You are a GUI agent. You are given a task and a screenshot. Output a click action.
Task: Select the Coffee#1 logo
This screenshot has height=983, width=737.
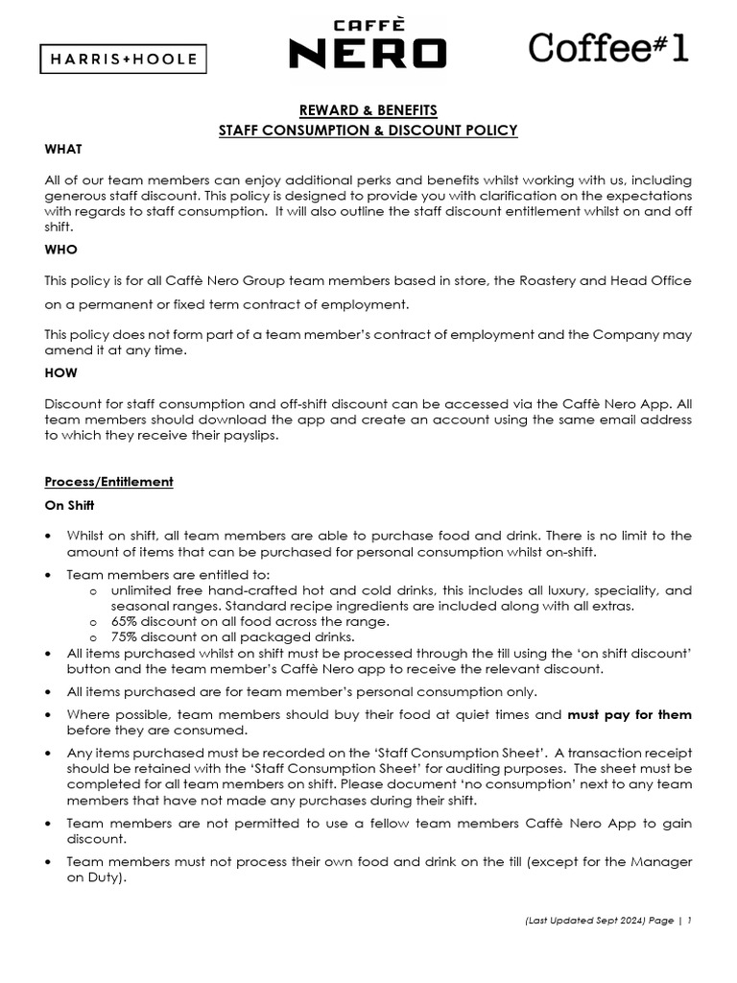609,47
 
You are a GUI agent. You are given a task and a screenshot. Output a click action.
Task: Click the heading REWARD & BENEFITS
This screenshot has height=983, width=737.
368,111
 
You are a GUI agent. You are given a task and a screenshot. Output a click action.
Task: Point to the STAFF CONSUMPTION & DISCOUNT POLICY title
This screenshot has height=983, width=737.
368,131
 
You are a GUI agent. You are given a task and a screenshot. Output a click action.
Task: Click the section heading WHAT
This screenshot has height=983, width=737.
63,149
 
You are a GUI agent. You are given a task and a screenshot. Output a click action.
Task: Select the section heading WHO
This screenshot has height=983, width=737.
61,249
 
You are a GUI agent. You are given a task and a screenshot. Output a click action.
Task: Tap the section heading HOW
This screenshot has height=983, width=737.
61,372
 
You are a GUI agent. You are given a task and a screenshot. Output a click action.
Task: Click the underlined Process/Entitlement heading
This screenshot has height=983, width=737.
108,481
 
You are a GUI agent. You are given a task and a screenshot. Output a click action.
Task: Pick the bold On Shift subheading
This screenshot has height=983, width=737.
69,505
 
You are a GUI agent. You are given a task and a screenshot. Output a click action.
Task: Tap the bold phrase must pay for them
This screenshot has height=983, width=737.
630,715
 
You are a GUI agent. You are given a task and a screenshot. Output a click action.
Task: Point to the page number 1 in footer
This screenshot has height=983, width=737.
689,920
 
